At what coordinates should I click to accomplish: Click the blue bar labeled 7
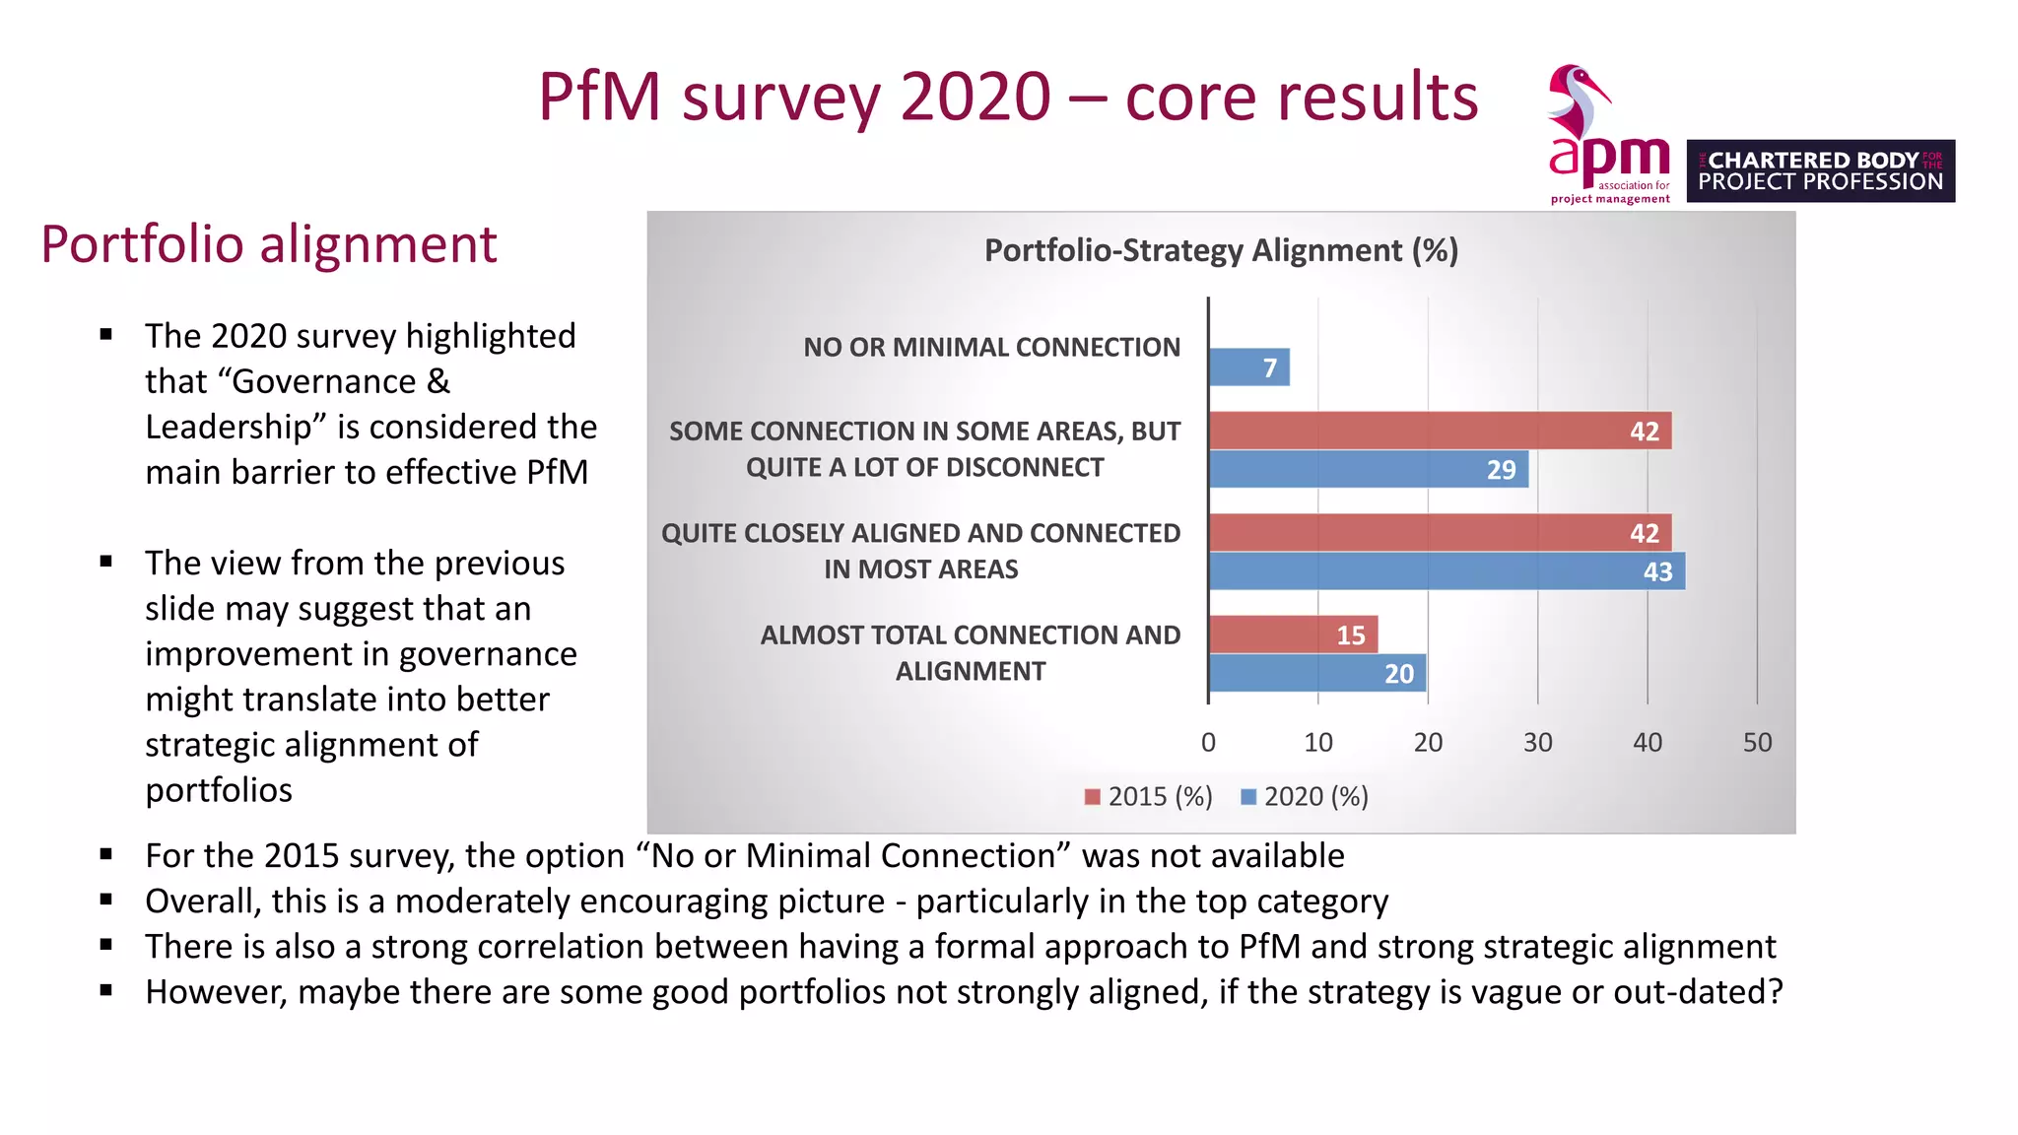1248,367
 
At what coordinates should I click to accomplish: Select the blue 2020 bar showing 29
1369,470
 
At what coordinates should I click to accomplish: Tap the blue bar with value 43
1446,571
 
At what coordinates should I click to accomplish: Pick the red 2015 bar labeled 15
1293,634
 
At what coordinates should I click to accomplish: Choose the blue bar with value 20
1317,674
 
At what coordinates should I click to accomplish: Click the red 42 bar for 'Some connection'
1440,431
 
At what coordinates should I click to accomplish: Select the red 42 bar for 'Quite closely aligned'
1440,533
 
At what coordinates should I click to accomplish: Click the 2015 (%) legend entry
1148,796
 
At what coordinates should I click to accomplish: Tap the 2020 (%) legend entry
1304,796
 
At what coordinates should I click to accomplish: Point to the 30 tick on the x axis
1537,743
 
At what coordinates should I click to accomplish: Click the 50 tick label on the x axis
1757,743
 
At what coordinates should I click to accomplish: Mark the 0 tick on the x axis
1208,743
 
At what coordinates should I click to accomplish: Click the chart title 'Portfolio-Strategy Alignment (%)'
1221,251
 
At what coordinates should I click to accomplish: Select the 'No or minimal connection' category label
991,348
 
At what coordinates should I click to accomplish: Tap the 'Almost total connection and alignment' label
970,653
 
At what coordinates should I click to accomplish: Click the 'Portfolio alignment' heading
269,244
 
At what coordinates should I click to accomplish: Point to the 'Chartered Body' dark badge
1820,171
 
